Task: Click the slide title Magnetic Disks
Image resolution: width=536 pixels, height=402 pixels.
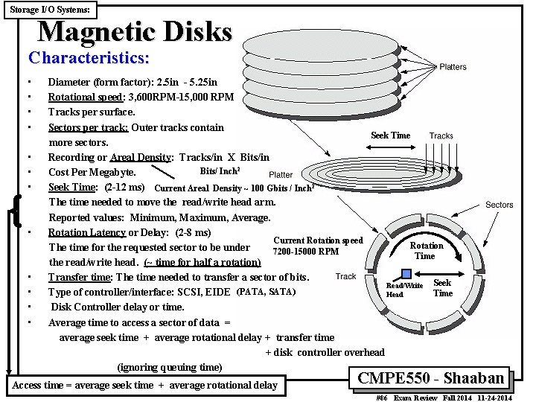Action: [135, 32]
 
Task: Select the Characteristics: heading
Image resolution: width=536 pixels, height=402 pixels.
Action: [89, 57]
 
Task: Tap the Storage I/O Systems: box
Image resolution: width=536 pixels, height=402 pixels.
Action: [50, 10]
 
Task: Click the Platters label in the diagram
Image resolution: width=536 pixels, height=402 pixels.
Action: [453, 67]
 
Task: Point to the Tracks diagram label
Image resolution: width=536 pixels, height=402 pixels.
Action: [441, 135]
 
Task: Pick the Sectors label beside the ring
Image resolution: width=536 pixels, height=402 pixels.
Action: [499, 205]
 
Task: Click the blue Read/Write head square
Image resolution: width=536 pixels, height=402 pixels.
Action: [406, 274]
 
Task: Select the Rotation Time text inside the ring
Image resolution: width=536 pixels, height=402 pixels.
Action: [427, 251]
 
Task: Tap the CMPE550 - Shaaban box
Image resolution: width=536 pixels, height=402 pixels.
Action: [431, 377]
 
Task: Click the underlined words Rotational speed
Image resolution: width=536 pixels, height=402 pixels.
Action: [79, 97]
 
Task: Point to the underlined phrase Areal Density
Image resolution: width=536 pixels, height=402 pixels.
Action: [141, 157]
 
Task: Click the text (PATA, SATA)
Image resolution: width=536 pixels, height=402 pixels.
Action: [266, 291]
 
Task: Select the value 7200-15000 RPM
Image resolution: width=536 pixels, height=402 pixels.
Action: [306, 251]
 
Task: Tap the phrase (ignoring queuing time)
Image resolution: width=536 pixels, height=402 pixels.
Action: [170, 367]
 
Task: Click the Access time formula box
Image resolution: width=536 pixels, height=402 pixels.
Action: [144, 385]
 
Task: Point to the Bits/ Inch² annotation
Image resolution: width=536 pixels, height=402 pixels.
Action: [220, 171]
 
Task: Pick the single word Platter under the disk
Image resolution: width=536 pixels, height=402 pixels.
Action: [281, 175]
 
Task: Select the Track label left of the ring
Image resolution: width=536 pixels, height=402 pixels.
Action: [345, 277]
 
